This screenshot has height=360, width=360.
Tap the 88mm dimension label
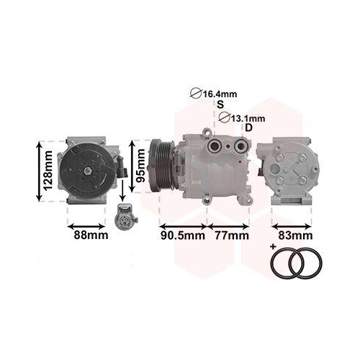click(x=89, y=235)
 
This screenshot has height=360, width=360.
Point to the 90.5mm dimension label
click(x=181, y=235)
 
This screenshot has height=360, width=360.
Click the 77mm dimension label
click(x=230, y=235)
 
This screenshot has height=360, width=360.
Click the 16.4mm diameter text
click(x=220, y=94)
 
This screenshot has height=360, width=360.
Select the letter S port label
click(x=220, y=105)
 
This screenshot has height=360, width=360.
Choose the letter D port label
click(x=248, y=128)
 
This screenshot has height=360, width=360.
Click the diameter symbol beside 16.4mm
click(x=194, y=94)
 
